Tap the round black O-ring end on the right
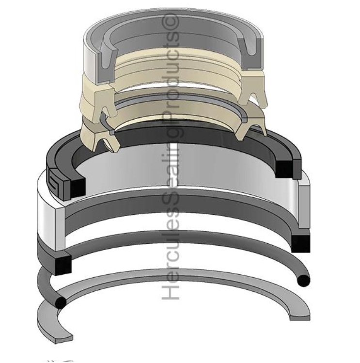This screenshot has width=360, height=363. click(x=304, y=280)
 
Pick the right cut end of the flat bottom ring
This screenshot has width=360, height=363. click(x=302, y=315)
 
